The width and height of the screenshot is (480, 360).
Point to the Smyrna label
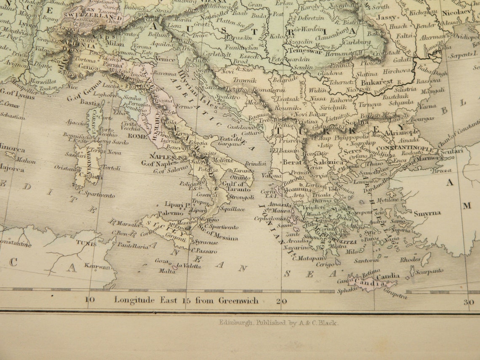(427, 213)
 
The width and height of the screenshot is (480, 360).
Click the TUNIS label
(86, 243)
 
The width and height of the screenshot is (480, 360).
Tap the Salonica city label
(331, 162)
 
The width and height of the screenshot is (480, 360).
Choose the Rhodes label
(410, 259)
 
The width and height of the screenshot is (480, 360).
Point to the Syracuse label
(205, 242)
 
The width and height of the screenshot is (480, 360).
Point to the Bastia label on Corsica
(90, 102)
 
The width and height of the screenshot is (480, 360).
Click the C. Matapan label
(309, 258)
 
